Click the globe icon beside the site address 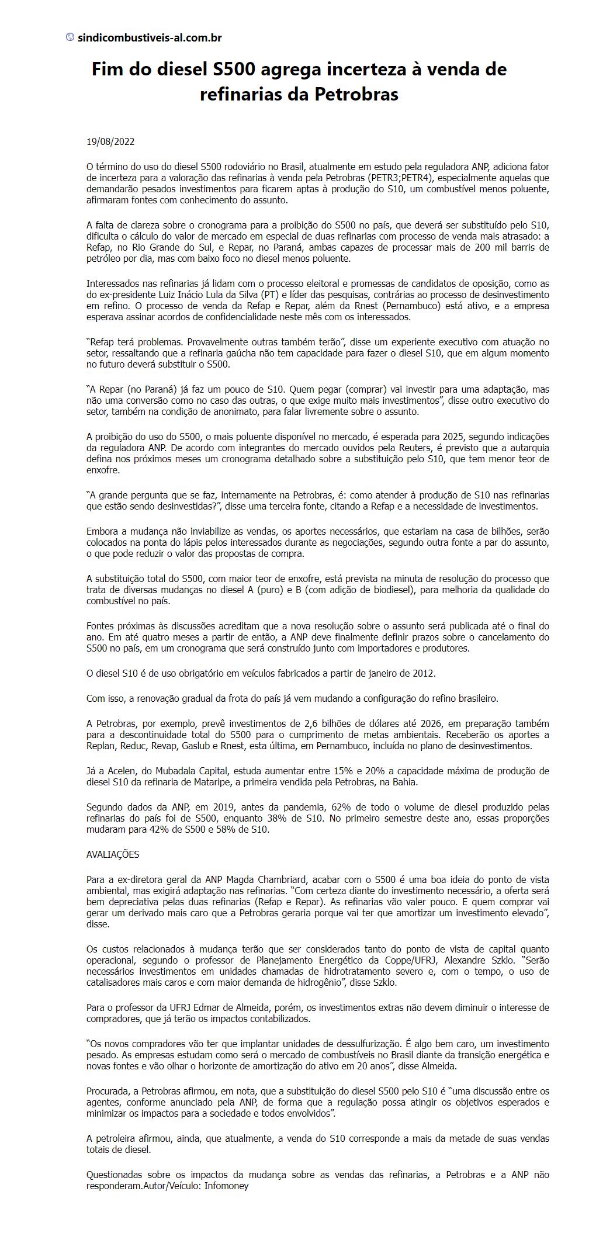point(70,37)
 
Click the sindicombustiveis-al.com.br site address point(150,38)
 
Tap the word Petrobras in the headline point(356,94)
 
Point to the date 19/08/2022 point(110,141)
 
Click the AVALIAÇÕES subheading point(113,854)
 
